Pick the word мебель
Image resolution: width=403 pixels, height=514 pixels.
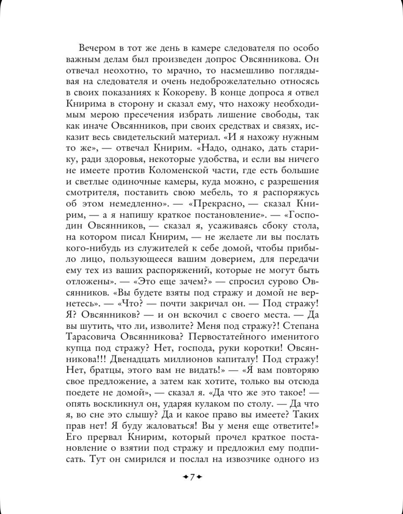(x=214, y=192)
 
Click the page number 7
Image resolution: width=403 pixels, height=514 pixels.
(x=192, y=477)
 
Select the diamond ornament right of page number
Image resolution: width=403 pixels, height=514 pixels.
(x=199, y=477)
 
